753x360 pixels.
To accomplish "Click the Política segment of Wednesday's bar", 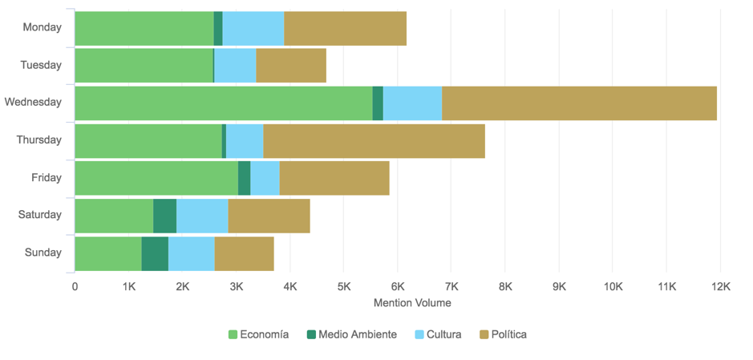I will (x=579, y=103).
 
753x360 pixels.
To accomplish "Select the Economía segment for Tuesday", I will (x=144, y=65).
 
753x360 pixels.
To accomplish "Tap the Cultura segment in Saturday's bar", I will (x=202, y=216).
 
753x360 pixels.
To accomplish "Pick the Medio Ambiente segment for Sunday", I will (x=155, y=253).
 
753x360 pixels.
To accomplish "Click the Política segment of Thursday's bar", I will (x=374, y=140).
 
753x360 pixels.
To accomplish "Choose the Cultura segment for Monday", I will (x=253, y=27).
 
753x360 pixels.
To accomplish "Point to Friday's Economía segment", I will (x=156, y=178).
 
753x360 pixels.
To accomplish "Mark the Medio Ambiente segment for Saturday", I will (x=164, y=216).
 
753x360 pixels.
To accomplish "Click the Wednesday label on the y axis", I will (x=33, y=103).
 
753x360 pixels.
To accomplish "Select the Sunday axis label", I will (x=43, y=253).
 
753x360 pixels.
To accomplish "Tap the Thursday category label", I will (x=38, y=140).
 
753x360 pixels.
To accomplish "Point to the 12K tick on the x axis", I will (x=720, y=286).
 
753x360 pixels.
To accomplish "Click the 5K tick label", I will (x=343, y=286).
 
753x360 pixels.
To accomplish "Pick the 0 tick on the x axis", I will (x=75, y=286).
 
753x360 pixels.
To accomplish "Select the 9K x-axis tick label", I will (x=559, y=286).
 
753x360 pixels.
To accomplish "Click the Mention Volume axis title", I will (x=412, y=303).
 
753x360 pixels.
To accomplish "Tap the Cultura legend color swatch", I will (x=419, y=334).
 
